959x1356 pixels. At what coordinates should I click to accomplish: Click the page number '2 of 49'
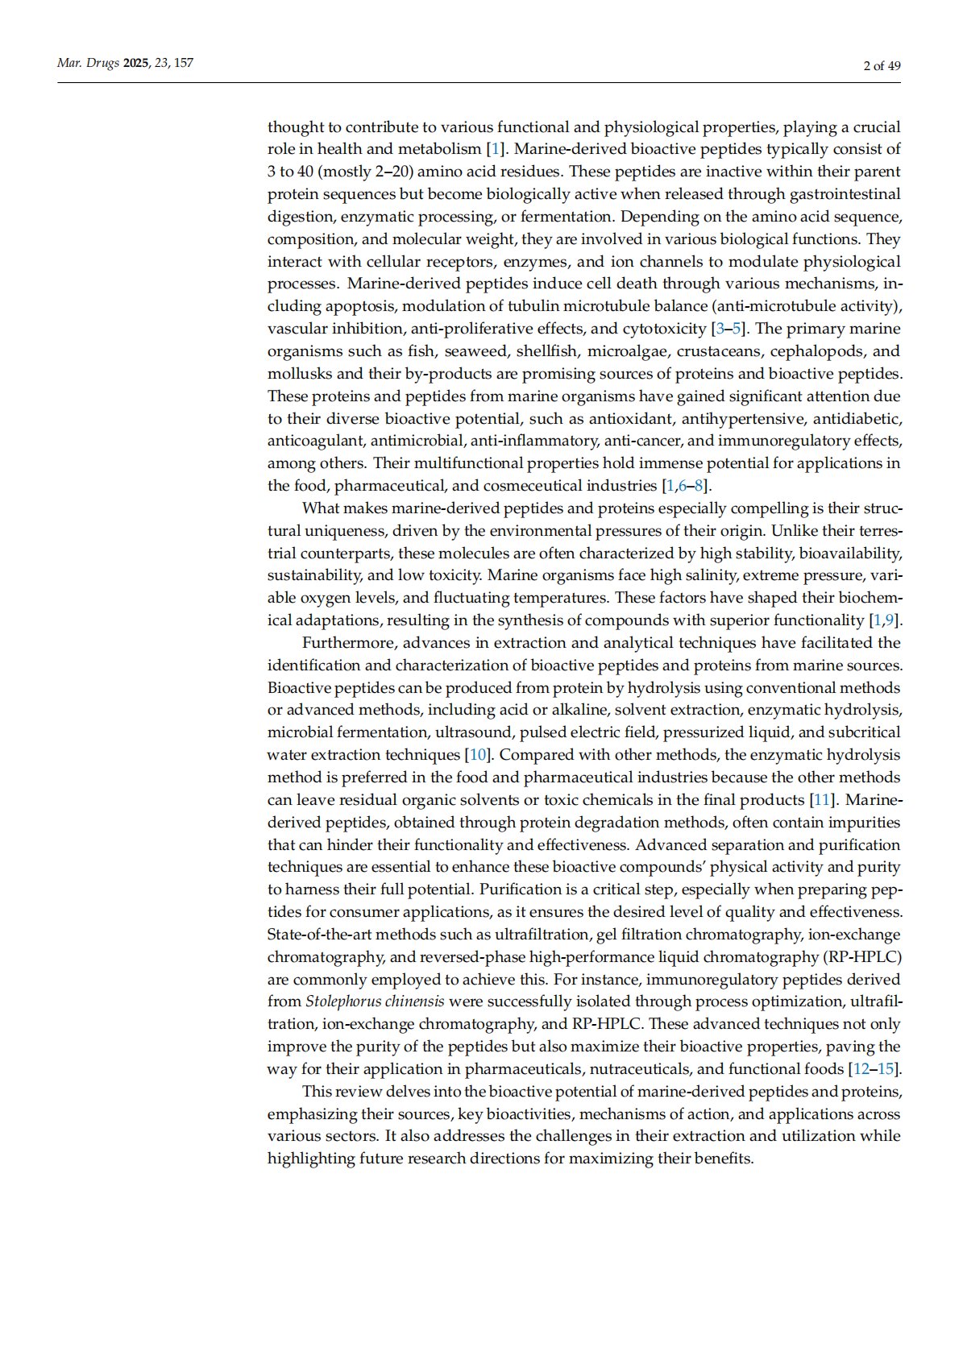882,66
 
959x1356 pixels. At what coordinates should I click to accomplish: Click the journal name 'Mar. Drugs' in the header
88,63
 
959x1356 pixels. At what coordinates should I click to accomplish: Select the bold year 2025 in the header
136,63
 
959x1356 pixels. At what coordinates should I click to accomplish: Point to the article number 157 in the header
184,63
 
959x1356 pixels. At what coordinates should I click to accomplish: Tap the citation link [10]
478,755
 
